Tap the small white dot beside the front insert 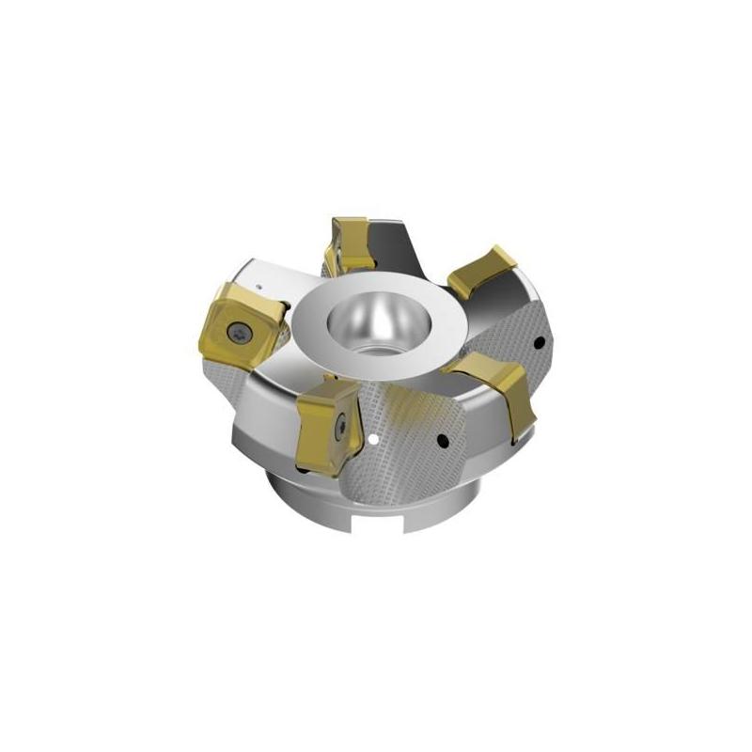pyautogui.click(x=374, y=437)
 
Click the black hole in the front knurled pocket pyautogui.click(x=442, y=437)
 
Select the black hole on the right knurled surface pyautogui.click(x=538, y=341)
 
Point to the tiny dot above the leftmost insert pyautogui.click(x=259, y=279)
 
